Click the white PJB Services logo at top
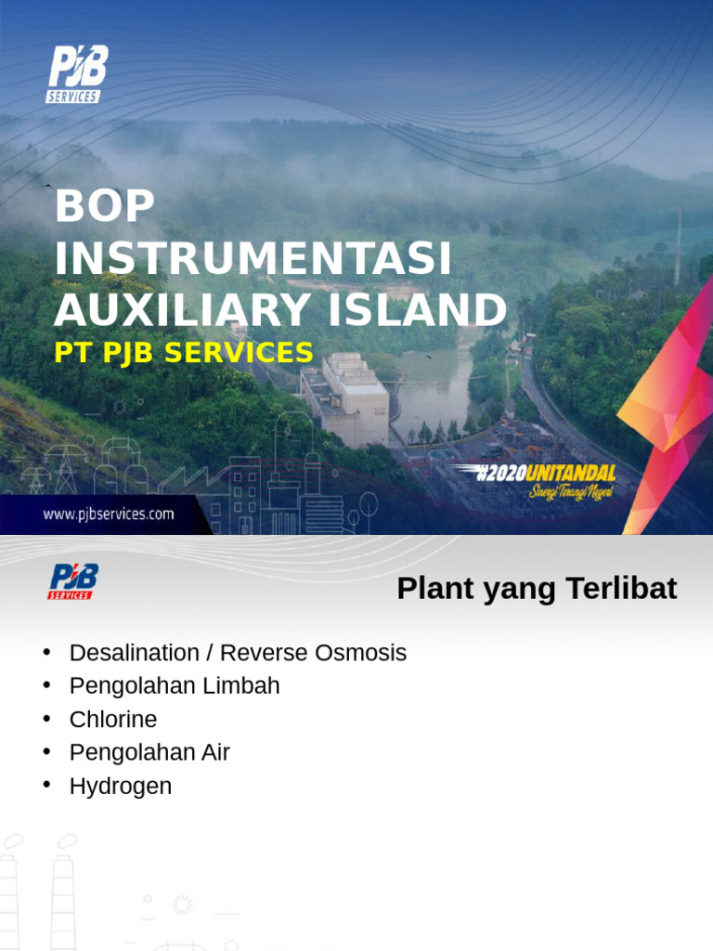tap(76, 74)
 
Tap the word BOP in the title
tap(103, 206)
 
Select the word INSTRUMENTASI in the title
tap(253, 258)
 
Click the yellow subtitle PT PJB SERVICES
tap(183, 352)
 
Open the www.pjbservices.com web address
tap(109, 515)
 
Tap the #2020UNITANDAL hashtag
tap(546, 474)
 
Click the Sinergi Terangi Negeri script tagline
tap(572, 491)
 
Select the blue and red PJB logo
tap(72, 581)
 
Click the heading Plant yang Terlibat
tap(537, 589)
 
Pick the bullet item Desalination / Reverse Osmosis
tap(238, 653)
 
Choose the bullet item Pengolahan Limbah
tap(175, 686)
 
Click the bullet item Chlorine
tap(113, 720)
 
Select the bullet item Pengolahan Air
tap(149, 753)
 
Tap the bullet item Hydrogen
tap(121, 787)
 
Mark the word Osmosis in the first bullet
tap(360, 653)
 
